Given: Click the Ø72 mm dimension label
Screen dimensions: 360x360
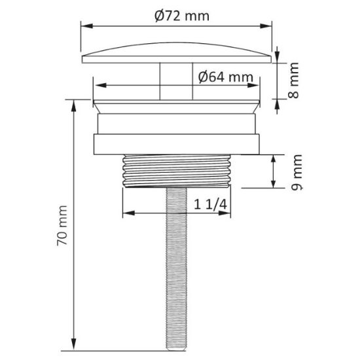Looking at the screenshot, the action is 182,16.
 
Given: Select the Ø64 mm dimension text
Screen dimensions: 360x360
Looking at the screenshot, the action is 226,77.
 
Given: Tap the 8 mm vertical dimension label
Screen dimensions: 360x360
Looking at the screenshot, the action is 293,81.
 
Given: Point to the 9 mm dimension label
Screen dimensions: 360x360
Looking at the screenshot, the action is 297,172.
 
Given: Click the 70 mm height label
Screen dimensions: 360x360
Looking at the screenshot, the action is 62,226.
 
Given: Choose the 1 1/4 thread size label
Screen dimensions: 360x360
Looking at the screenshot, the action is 211,204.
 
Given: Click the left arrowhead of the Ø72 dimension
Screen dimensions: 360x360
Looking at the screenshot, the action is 87,26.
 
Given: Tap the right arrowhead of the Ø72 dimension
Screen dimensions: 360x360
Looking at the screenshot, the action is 266,26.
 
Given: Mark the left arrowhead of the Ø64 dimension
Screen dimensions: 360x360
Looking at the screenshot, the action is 101,85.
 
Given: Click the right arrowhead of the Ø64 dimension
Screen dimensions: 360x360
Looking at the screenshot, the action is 253,85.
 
